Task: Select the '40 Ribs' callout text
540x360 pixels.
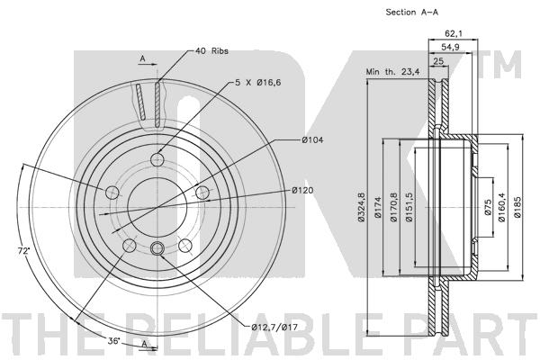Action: click(x=213, y=51)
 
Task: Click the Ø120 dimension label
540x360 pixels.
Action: click(x=302, y=191)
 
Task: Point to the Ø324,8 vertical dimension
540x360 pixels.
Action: click(x=360, y=207)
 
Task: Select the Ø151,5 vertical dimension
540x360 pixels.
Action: click(x=409, y=207)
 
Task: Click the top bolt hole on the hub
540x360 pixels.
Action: click(x=157, y=160)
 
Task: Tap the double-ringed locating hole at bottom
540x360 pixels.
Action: click(x=157, y=248)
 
